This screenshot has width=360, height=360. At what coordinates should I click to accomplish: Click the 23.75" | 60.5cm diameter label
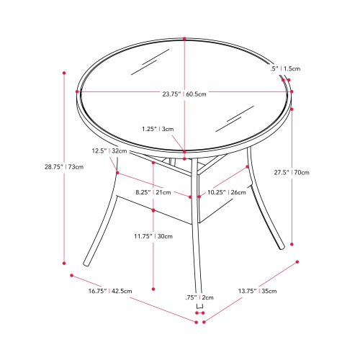point(184,94)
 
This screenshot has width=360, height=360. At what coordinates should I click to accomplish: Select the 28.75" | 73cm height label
point(64,166)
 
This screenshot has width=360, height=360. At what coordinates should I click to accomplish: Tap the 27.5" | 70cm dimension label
point(292,172)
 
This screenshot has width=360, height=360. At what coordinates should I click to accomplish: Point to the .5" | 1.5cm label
point(285,68)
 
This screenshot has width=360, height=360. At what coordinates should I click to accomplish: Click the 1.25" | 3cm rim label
point(158,129)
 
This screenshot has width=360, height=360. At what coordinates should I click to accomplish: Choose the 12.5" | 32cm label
point(109,150)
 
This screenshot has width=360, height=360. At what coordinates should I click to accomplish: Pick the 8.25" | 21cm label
point(153,192)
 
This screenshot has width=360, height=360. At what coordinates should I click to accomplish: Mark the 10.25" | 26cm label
point(227,192)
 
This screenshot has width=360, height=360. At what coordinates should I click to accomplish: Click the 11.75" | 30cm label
point(153,236)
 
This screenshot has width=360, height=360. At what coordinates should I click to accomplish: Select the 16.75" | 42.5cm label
point(110,291)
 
